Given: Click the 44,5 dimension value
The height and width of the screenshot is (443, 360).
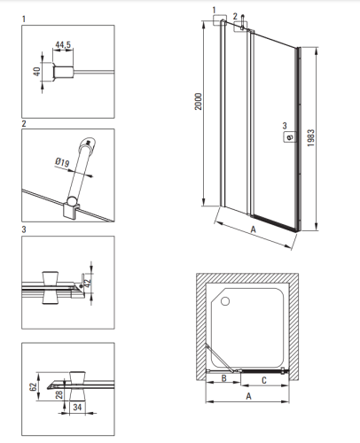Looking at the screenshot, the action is pyautogui.click(x=63, y=44).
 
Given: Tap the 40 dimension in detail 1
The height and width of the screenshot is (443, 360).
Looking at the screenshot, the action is pyautogui.click(x=37, y=72).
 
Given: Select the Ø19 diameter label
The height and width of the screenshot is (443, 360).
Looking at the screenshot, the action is pyautogui.click(x=62, y=162).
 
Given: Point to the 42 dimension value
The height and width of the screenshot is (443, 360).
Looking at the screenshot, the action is pyautogui.click(x=87, y=284).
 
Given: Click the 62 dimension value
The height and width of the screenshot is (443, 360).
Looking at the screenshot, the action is pyautogui.click(x=33, y=386).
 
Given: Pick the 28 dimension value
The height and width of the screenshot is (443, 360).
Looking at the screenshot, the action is pyautogui.click(x=59, y=394).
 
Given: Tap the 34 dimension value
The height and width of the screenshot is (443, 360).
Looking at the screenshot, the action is pyautogui.click(x=77, y=407).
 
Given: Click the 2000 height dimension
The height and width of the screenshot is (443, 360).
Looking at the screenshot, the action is pyautogui.click(x=199, y=101).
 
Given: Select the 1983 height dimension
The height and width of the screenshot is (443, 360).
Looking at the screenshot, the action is pyautogui.click(x=310, y=137).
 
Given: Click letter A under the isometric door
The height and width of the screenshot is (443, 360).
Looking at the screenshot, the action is pyautogui.click(x=254, y=229).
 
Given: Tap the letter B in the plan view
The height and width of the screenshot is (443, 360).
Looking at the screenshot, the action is pyautogui.click(x=223, y=378).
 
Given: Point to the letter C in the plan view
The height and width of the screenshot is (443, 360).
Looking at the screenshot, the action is pyautogui.click(x=264, y=380).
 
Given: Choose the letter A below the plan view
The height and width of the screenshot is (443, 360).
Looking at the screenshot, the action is pyautogui.click(x=248, y=396).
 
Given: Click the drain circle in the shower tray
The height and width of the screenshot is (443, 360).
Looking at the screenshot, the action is pyautogui.click(x=225, y=301).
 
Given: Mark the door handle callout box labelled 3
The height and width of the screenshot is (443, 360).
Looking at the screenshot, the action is pyautogui.click(x=290, y=136).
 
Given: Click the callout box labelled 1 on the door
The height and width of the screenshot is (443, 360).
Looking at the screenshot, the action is pyautogui.click(x=220, y=20).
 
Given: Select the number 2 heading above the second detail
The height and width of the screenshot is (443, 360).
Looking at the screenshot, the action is pyautogui.click(x=24, y=123).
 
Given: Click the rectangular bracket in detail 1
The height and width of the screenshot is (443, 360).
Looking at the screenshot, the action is pyautogui.click(x=63, y=72).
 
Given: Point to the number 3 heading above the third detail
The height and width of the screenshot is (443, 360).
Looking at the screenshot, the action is pyautogui.click(x=24, y=229).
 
